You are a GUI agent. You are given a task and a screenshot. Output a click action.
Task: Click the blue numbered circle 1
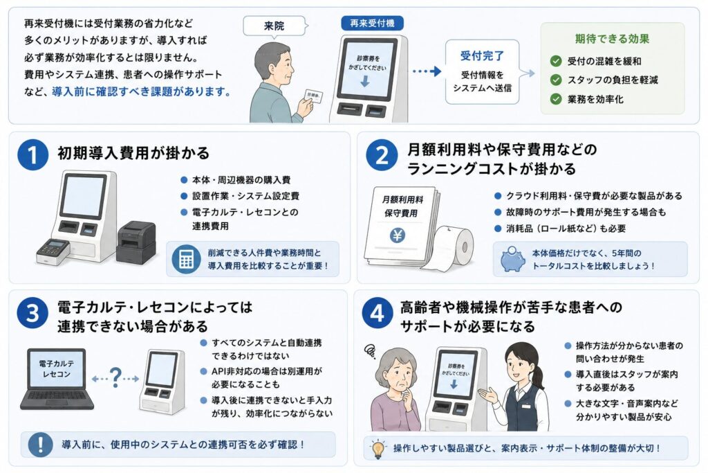coord(33,154)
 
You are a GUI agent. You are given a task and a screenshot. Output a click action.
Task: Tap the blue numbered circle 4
coord(378,312)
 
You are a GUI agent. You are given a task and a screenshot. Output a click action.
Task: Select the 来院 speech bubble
coord(274,26)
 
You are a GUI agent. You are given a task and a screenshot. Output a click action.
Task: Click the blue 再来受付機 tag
coord(372,23)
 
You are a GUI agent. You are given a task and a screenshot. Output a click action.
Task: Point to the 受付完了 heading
coord(482,55)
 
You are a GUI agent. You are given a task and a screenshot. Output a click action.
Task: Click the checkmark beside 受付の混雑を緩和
coord(556,61)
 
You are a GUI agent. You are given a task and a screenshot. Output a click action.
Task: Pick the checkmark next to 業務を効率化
coord(556,99)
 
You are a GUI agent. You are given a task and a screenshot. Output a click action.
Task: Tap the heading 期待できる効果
coord(612,39)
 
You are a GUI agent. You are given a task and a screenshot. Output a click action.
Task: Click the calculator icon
coord(186,259)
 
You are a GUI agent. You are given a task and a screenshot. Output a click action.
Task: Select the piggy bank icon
coord(512,259)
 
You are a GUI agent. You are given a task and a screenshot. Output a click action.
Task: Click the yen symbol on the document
coord(398,235)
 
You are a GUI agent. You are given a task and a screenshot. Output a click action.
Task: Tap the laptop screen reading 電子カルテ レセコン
coord(57,369)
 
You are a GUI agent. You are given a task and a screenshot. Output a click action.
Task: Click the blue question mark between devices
coord(115,377)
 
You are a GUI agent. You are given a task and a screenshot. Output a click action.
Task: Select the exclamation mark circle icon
coord(41,445)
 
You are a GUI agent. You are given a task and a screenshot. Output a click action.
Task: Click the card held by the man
coord(315,96)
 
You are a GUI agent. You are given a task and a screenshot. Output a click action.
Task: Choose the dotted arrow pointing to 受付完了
coord(427,71)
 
